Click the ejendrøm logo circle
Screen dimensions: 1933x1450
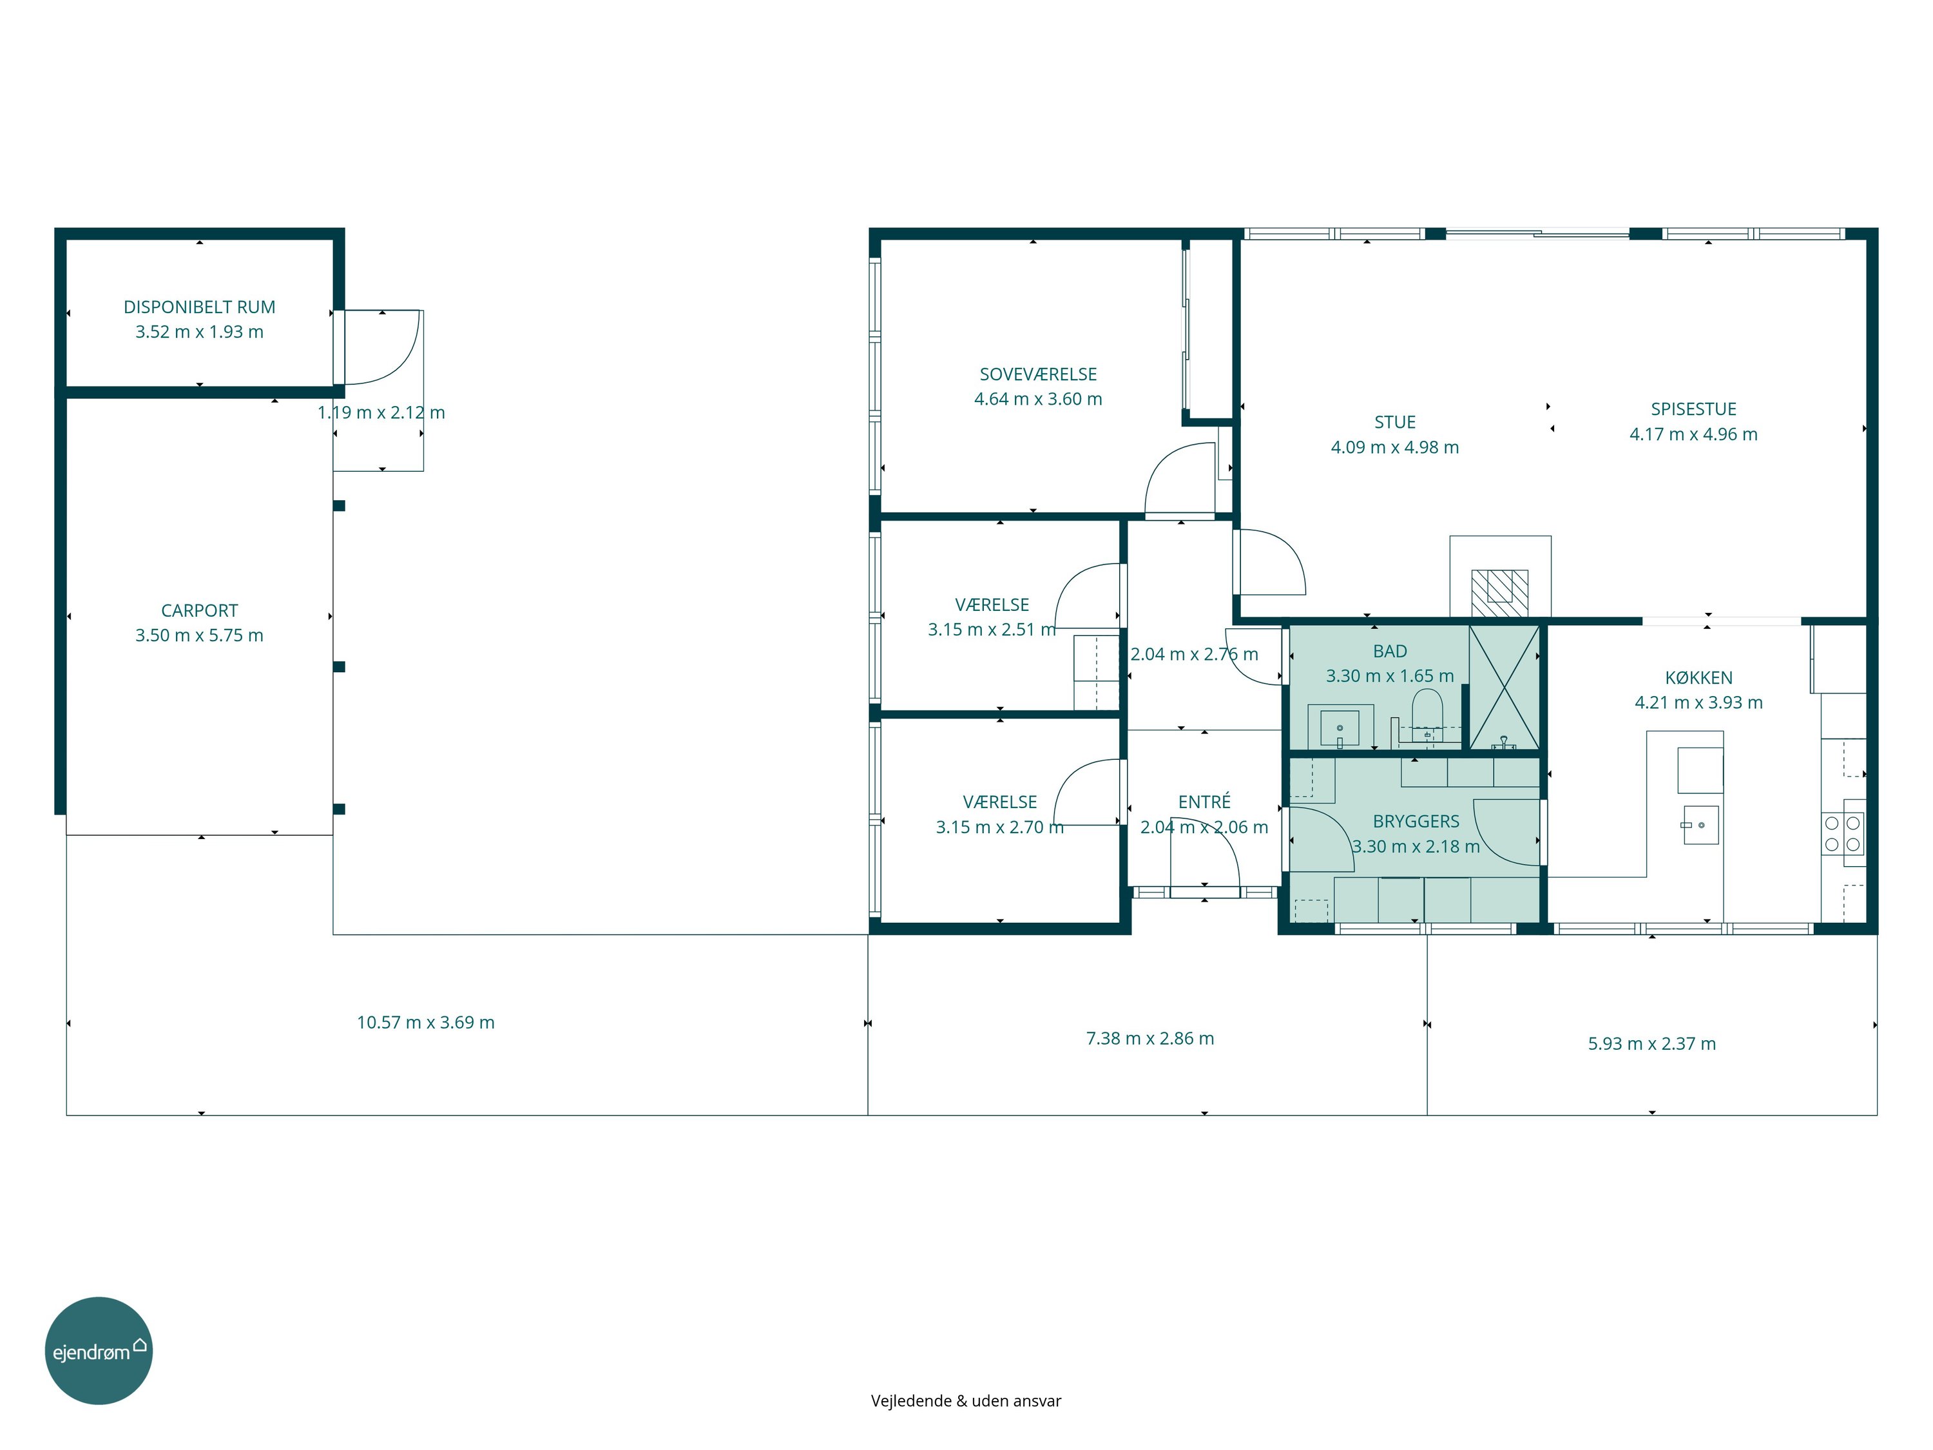[99, 1350]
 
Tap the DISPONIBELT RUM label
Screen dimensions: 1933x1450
[199, 307]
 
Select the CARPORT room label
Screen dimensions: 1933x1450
[199, 611]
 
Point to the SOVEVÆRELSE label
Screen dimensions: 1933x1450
[1038, 374]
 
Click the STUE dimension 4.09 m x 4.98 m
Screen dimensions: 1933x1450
[1395, 447]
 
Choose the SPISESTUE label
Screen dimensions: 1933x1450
[1693, 409]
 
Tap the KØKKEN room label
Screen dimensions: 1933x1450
[1699, 677]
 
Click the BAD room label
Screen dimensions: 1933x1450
[1389, 651]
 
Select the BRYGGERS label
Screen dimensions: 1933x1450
[1416, 822]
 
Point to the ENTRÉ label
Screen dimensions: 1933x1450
[1204, 802]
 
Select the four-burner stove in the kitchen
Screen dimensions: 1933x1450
[1843, 834]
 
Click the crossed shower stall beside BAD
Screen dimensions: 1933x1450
[1504, 687]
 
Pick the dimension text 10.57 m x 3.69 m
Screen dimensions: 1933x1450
[425, 1023]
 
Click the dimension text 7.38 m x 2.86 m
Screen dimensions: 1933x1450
[1150, 1038]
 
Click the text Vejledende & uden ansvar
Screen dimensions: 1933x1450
[966, 1401]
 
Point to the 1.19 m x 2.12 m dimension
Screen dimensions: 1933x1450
[381, 412]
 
